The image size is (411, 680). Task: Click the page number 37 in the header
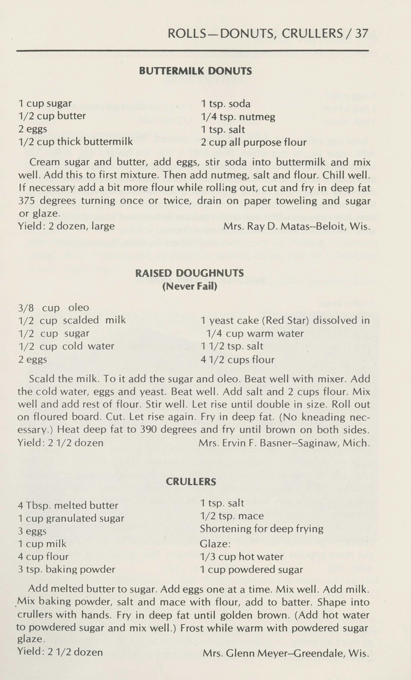point(361,34)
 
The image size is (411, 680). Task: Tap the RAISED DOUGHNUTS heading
point(190,273)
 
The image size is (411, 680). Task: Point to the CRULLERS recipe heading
point(191,482)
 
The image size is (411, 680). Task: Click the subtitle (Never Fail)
point(190,286)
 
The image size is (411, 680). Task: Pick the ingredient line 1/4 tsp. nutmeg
point(238,117)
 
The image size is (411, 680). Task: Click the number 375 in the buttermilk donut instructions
point(26,201)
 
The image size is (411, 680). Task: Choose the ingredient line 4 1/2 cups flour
point(238,360)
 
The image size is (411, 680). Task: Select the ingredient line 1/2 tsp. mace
point(232,516)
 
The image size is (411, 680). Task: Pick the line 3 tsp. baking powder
point(66,569)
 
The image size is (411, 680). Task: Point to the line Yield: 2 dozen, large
point(66,226)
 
